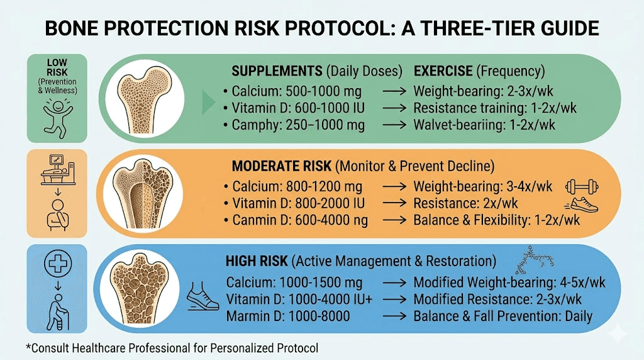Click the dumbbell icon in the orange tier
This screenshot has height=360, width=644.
(x=582, y=186)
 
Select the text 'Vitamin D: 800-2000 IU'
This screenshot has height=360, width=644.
(x=298, y=204)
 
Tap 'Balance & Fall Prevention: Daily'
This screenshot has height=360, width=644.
(x=502, y=316)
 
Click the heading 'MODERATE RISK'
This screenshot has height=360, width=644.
(x=280, y=167)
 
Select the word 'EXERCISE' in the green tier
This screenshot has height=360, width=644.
(x=442, y=70)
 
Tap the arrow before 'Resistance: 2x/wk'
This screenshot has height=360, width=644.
(x=393, y=204)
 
